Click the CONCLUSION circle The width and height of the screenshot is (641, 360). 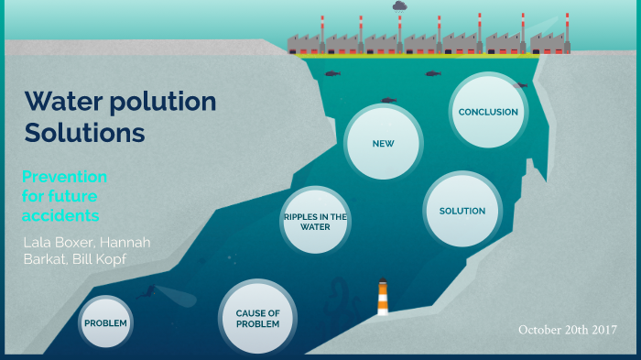(x=488, y=112)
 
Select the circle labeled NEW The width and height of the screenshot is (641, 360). (x=383, y=144)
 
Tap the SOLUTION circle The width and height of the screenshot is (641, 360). (x=462, y=211)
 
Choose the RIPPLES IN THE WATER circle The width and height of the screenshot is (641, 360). (x=315, y=222)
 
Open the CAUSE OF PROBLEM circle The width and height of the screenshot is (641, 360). (x=257, y=318)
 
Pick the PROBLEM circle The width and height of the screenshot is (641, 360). (x=105, y=323)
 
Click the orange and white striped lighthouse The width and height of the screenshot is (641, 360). (x=383, y=299)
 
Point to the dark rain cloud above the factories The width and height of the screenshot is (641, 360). (x=399, y=6)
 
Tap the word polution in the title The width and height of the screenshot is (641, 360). (x=166, y=102)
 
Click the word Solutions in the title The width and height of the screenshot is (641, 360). (x=84, y=133)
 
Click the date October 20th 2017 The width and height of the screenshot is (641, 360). (x=567, y=329)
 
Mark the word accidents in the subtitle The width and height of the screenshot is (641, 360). (x=60, y=216)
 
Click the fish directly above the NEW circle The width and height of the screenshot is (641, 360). (x=389, y=100)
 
